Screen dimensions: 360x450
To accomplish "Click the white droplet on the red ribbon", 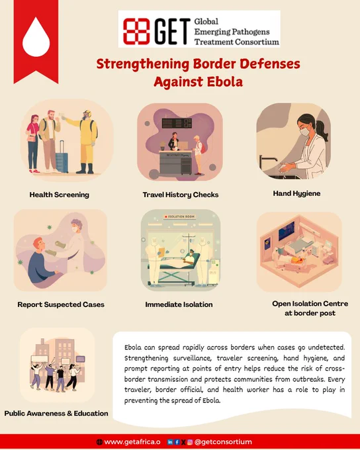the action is coord(36,37).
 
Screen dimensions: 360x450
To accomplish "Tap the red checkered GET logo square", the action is coord(136,31).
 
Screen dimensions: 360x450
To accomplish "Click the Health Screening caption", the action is coord(60,195).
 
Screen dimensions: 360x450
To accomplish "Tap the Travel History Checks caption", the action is coord(181,195).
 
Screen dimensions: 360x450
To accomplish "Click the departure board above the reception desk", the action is coord(177,123).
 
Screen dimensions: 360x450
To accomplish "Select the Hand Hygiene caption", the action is coord(296,193).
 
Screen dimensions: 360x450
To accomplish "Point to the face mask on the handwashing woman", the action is coord(305,132).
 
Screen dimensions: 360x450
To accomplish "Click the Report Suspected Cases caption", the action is coord(61,304).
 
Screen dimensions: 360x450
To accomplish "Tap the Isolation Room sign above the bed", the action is coord(180,216).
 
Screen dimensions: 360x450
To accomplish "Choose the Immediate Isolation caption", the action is coord(179,304).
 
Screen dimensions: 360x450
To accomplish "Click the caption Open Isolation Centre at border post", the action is coord(310,308).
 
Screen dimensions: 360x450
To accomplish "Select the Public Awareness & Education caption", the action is coord(56,413).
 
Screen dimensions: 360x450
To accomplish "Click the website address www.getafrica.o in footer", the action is coord(132,442).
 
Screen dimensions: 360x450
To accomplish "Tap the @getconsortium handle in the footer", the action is coord(223,442).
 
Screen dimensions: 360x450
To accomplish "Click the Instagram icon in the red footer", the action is coord(190,442).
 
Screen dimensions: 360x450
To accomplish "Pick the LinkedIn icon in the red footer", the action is coord(170,442).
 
